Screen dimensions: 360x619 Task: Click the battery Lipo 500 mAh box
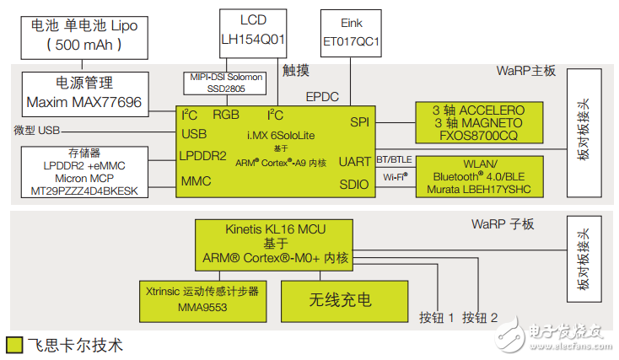pos(83,35)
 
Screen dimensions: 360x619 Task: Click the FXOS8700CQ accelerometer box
pos(477,122)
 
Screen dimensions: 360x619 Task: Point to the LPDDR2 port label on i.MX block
pos(203,156)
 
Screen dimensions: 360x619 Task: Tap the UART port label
pos(353,161)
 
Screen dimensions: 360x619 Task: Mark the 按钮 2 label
pos(481,318)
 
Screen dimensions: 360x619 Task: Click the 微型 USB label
pos(38,131)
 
